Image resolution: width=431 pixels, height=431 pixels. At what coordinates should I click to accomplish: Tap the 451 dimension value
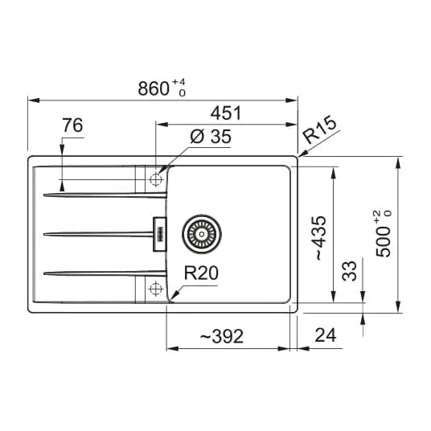tap(226, 113)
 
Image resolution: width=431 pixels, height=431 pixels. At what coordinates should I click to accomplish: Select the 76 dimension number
tap(72, 125)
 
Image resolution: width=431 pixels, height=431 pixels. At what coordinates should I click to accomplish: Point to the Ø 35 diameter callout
tap(211, 136)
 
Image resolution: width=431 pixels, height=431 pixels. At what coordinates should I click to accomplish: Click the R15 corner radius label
tap(319, 129)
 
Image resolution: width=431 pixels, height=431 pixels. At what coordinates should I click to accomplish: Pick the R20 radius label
tap(201, 273)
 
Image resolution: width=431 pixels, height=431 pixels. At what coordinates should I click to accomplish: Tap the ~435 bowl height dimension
tap(320, 238)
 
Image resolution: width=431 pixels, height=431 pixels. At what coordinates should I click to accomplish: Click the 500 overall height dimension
tap(384, 234)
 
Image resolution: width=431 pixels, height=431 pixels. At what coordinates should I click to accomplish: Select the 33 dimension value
tap(349, 271)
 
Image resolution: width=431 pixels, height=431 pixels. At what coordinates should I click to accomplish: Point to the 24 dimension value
tap(326, 335)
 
